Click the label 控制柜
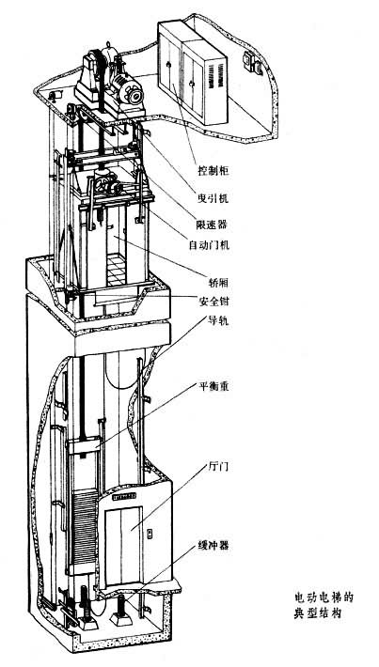click(x=213, y=171)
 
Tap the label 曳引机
click(x=213, y=197)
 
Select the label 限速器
click(x=213, y=224)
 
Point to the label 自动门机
click(x=209, y=245)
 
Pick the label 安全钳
click(x=213, y=302)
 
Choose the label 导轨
click(x=219, y=320)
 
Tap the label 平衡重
click(x=213, y=387)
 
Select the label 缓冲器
click(x=213, y=545)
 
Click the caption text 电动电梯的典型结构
click(x=324, y=605)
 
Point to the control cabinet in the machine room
click(x=194, y=72)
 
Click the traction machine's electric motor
click(x=128, y=88)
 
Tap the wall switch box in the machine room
click(x=252, y=63)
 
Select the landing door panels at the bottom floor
click(x=122, y=545)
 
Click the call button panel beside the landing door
click(x=150, y=534)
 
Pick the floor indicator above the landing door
click(x=124, y=496)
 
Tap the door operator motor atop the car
click(x=105, y=182)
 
